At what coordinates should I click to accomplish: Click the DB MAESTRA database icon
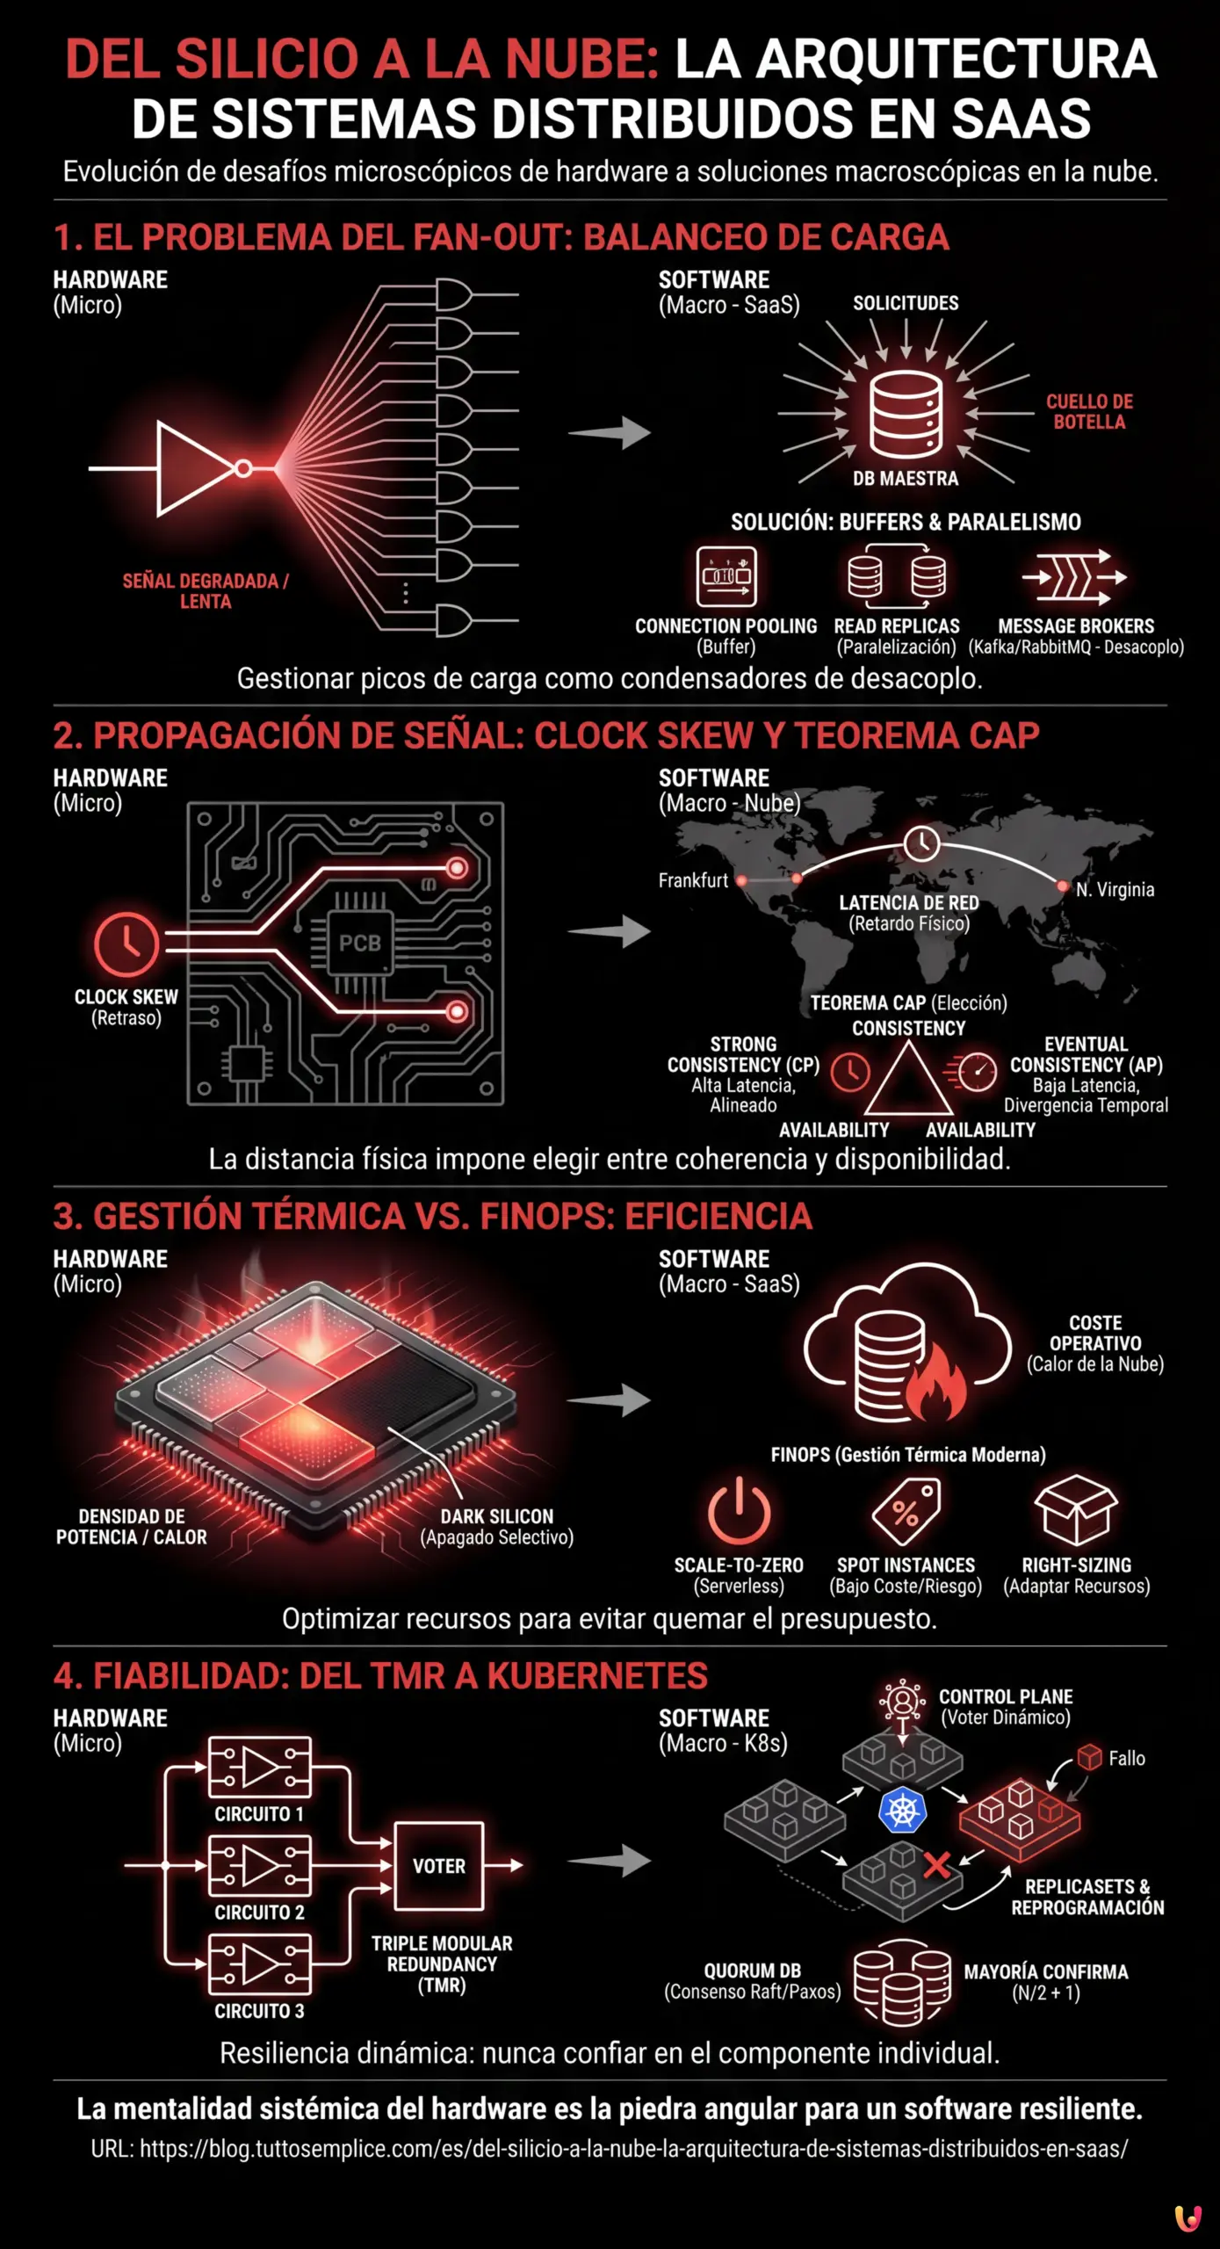tap(906, 413)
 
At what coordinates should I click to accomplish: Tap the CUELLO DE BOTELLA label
tap(1089, 412)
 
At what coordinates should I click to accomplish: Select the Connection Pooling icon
tap(726, 576)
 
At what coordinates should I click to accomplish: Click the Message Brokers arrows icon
tap(1074, 577)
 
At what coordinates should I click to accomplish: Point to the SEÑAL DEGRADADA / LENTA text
tap(206, 591)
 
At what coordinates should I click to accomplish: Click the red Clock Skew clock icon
tap(126, 944)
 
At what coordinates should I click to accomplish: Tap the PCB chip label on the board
tap(360, 944)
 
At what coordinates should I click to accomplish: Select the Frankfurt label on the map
tap(693, 880)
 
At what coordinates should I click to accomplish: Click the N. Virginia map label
tap(1115, 889)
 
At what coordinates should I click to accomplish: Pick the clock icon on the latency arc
tap(921, 843)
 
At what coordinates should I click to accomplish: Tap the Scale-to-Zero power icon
tap(739, 1511)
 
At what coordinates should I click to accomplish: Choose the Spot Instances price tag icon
tap(906, 1511)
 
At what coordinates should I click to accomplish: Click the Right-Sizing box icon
tap(1076, 1510)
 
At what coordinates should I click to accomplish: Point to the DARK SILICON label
tap(497, 1516)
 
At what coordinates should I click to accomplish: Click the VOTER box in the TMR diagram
tap(439, 1866)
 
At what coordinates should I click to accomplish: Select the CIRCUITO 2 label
tap(259, 1913)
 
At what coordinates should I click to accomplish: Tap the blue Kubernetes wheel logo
tap(902, 1810)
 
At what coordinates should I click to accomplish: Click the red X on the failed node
tap(937, 1864)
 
